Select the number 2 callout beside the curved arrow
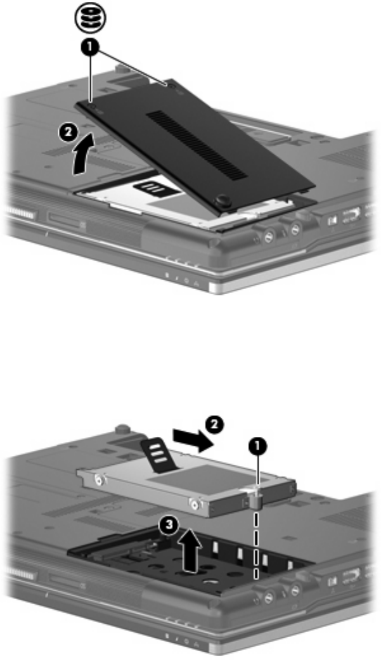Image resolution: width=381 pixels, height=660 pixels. pos(67,134)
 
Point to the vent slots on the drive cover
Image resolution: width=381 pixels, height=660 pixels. pos(197,144)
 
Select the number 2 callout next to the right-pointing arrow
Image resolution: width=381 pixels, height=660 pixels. pos(214,425)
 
